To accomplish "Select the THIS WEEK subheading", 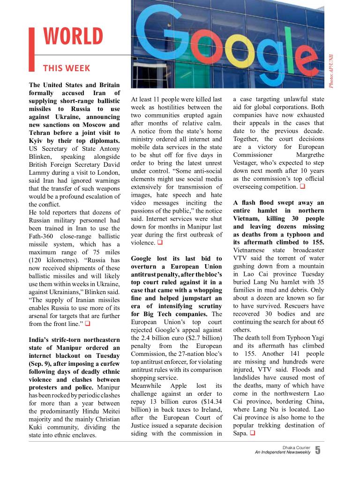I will tap(67, 69).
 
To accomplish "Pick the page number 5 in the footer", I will tap(318, 451).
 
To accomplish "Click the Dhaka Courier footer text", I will tap(296, 447).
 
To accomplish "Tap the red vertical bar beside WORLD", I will tap(31, 49).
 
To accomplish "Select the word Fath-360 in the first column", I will tap(43, 236).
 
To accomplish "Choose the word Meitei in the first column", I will tap(110, 411).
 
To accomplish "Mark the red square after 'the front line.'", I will tap(87, 324).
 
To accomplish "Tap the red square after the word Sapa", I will tap(252, 433).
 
